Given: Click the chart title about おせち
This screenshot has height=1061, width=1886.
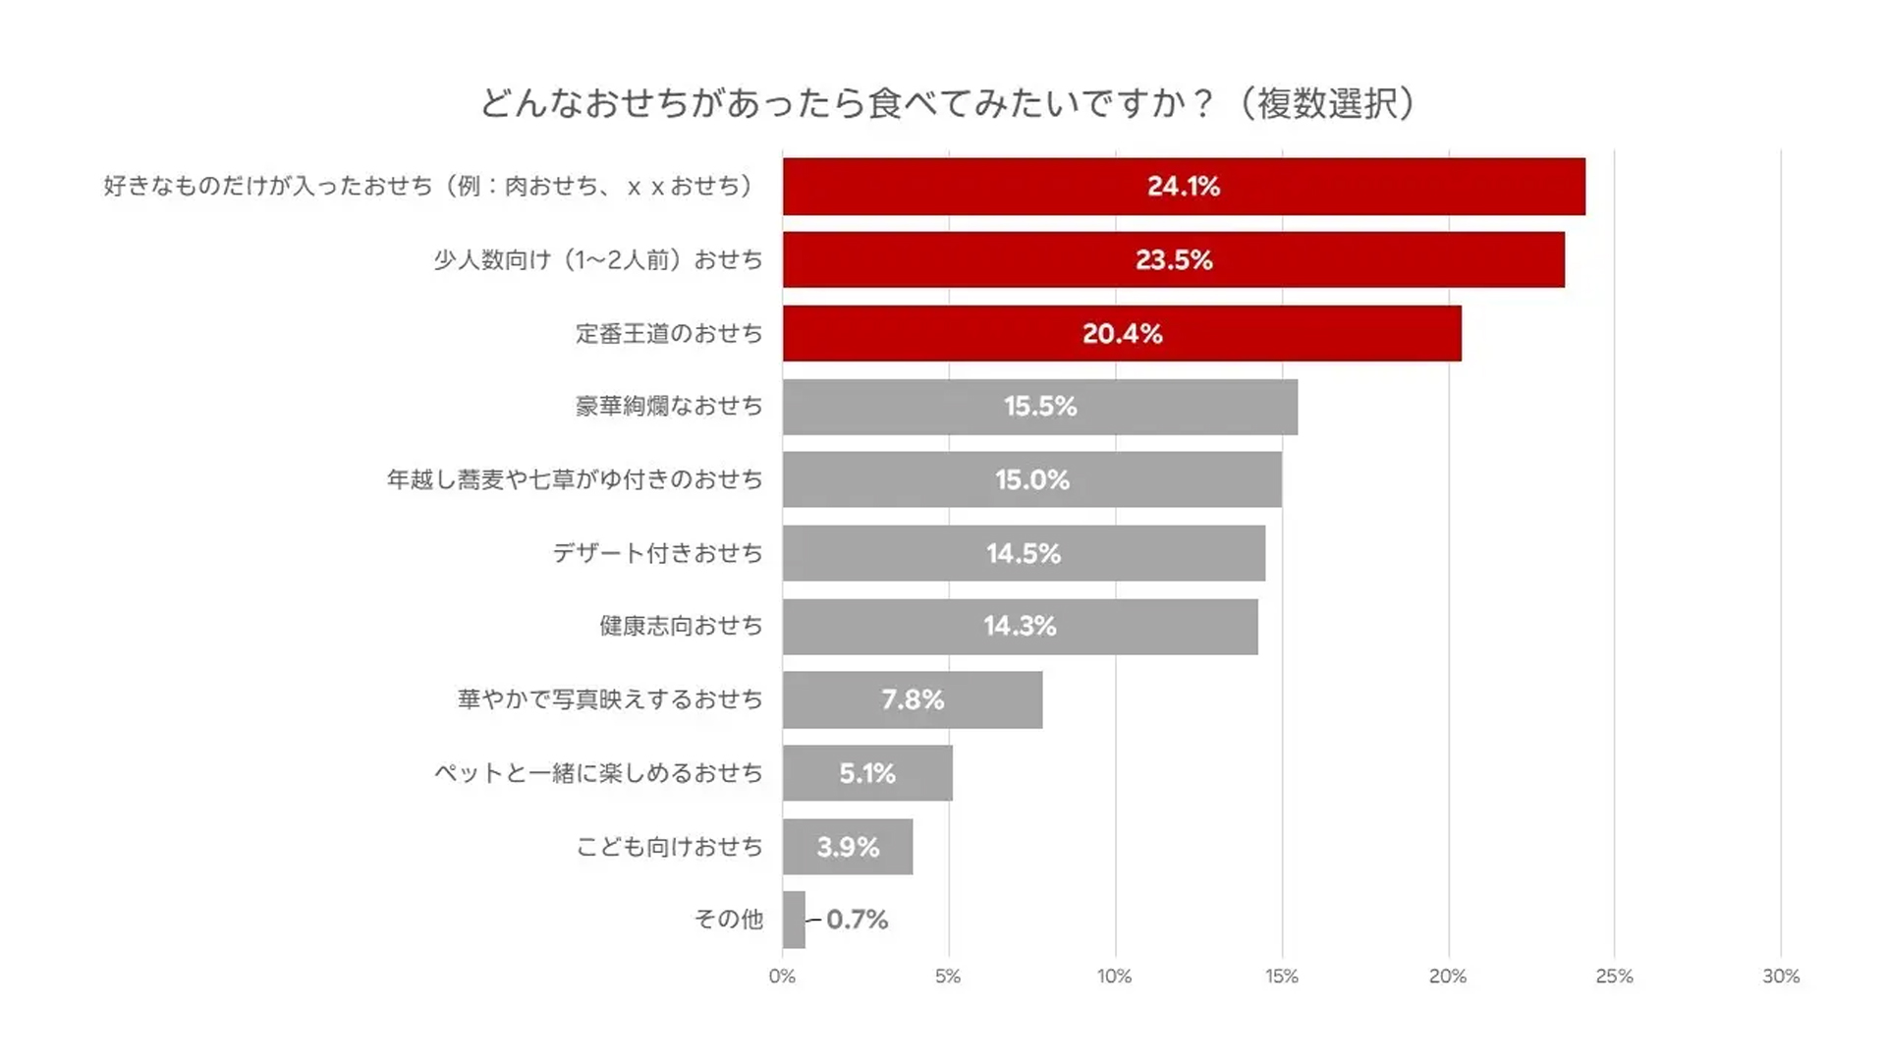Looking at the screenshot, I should tap(947, 103).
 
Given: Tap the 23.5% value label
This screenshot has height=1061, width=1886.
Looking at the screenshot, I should tap(1174, 260).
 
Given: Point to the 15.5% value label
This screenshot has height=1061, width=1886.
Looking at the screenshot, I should tap(1040, 407).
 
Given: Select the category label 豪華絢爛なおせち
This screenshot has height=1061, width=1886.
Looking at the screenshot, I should tap(669, 407).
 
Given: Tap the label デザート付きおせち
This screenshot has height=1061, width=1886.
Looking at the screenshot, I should tap(657, 553).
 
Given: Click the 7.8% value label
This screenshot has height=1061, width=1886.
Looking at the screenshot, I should tap(913, 699).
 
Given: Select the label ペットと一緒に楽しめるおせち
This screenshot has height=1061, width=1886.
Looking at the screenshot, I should tap(598, 773).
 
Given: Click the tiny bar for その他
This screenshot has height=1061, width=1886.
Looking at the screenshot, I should tap(794, 920).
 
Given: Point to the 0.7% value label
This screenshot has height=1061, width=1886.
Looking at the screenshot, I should tap(857, 920).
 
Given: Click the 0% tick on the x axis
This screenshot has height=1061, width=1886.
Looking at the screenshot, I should tap(782, 977).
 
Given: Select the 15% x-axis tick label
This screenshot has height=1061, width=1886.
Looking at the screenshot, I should tap(1281, 977).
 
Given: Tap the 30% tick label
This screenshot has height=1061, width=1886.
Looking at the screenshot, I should tap(1780, 977).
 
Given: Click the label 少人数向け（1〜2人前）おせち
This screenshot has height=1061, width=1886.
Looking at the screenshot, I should tap(598, 260).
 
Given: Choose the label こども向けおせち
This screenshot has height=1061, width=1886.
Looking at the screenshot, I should tap(669, 847).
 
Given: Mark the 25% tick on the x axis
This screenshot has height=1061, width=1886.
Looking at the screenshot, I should tap(1614, 977).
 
